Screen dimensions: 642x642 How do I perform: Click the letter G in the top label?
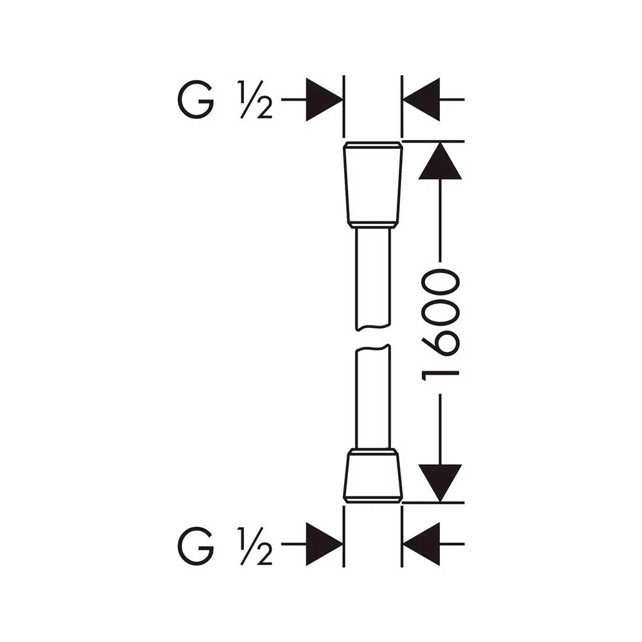click(x=196, y=100)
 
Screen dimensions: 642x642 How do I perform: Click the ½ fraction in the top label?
click(x=255, y=100)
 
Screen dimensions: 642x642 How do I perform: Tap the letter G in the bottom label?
click(x=196, y=546)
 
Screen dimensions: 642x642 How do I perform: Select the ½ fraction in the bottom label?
click(x=255, y=546)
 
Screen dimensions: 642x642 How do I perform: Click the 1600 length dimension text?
click(x=440, y=325)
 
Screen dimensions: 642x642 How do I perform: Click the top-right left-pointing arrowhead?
click(x=421, y=100)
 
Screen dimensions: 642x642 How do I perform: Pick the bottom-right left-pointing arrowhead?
click(x=421, y=544)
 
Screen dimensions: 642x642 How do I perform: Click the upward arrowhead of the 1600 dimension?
click(x=440, y=160)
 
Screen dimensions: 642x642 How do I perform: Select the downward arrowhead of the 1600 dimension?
click(x=440, y=483)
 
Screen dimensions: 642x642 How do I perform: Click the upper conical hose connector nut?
click(x=372, y=185)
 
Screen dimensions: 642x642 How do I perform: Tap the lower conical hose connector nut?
click(x=372, y=475)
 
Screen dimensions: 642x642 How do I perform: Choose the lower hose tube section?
click(x=372, y=397)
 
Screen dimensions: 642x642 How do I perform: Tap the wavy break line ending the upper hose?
click(x=372, y=328)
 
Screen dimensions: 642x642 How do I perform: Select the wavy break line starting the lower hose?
click(x=372, y=347)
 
